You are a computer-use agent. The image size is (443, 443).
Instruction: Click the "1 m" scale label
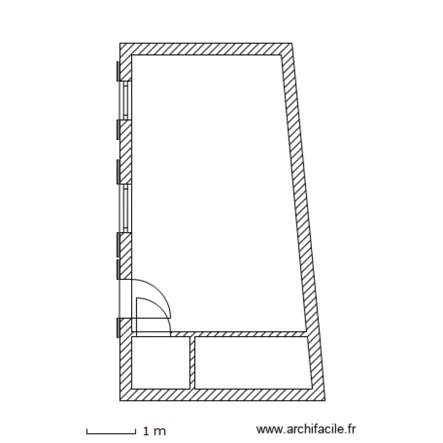155,431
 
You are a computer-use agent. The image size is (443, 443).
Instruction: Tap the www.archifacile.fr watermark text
308,431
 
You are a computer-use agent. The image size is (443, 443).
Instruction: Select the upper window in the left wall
125,100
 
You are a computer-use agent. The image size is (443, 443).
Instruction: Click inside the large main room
213,189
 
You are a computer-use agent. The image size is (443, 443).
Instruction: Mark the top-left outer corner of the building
120,44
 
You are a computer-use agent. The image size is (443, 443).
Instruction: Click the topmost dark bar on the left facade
118,71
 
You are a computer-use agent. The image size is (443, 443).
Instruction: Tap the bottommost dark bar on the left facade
118,328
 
